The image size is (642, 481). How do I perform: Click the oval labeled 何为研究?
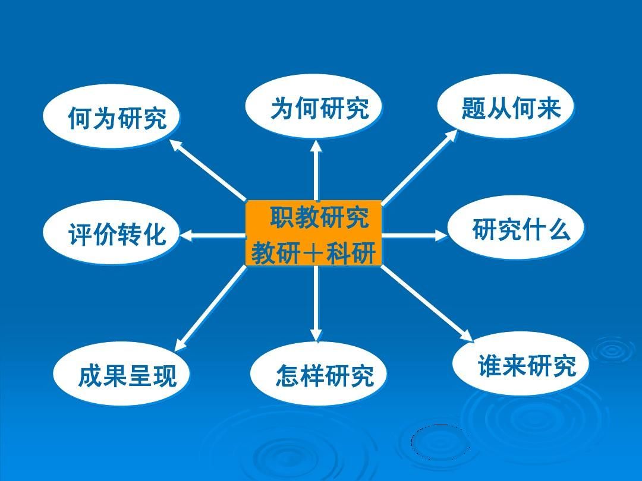[x=111, y=116]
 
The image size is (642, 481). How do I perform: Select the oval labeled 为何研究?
[x=313, y=106]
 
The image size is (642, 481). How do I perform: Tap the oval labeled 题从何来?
[x=505, y=106]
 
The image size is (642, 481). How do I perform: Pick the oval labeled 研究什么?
[x=515, y=227]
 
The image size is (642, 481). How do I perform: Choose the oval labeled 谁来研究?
[x=520, y=363]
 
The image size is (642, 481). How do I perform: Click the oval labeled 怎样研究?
[x=318, y=374]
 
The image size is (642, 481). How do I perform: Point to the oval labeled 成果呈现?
[x=121, y=374]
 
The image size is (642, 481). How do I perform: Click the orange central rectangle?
[x=314, y=233]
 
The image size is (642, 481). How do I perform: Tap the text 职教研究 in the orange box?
[x=319, y=217]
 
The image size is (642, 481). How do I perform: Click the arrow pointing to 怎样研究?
[x=315, y=303]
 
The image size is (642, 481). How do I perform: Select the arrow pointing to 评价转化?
[x=213, y=235]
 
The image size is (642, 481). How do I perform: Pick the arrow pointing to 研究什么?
[x=414, y=235]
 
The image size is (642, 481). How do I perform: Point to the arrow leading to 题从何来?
[x=420, y=167]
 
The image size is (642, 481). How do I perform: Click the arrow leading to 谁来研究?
[x=427, y=303]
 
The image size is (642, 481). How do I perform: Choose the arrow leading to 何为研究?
[x=208, y=170]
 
